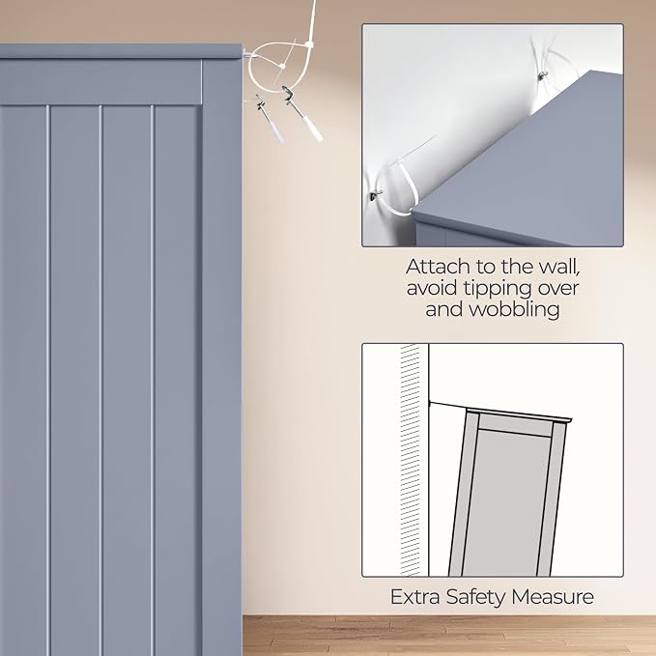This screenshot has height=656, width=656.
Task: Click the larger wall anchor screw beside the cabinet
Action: click(302, 113)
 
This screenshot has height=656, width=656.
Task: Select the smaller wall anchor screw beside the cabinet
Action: click(270, 119)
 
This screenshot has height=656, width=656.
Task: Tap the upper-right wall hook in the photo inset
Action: click(543, 75)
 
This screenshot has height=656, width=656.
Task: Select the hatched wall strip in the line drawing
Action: click(410, 459)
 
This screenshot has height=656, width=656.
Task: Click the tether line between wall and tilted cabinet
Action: click(447, 406)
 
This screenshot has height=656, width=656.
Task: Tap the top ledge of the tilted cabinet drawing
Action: click(519, 414)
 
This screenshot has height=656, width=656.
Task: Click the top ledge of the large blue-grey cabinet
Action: click(122, 52)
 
